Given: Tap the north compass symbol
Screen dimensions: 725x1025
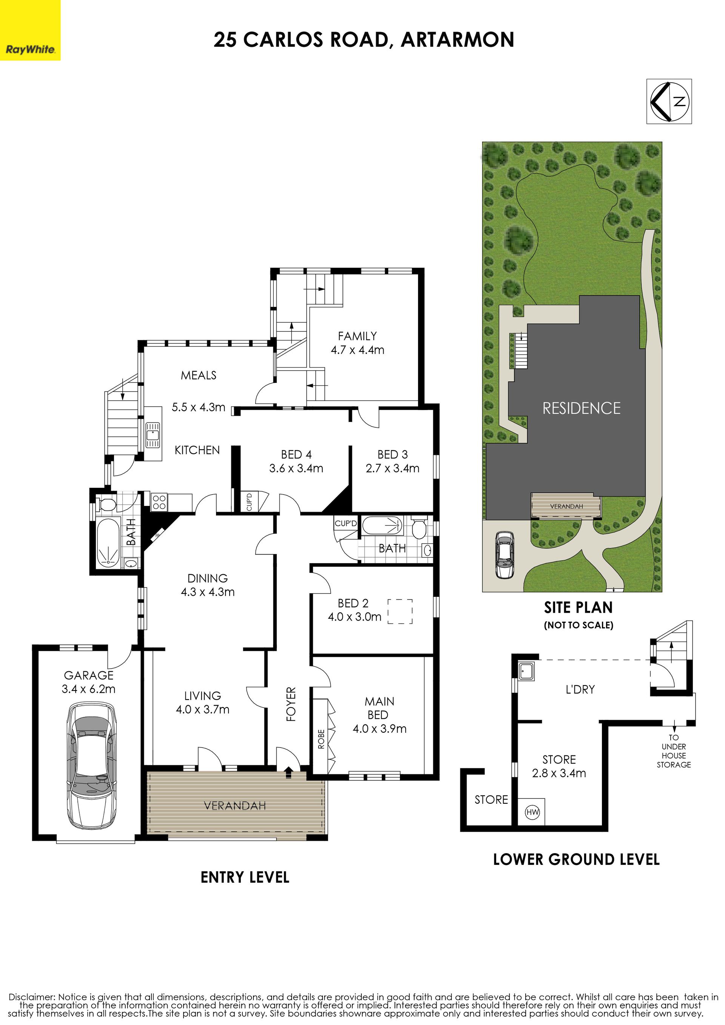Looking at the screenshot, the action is [669, 101].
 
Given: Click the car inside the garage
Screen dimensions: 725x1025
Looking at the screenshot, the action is [92, 766].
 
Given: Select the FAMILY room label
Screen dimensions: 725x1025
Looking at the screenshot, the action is [357, 336].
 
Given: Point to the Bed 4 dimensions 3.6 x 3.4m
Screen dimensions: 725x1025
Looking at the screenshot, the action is [296, 468].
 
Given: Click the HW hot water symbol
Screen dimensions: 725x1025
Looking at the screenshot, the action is [532, 812].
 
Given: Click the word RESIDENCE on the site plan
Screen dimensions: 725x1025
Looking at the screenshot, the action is [581, 408].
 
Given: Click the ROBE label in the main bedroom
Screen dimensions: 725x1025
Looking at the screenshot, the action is [321, 738].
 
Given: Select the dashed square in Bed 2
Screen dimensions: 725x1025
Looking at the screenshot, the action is [400, 611].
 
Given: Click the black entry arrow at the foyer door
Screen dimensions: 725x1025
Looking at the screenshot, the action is [288, 772].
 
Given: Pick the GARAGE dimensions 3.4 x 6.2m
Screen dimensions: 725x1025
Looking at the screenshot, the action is [88, 689].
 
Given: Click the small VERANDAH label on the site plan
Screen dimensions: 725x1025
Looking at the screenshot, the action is [566, 506].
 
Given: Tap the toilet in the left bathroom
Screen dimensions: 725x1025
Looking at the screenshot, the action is [107, 504].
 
